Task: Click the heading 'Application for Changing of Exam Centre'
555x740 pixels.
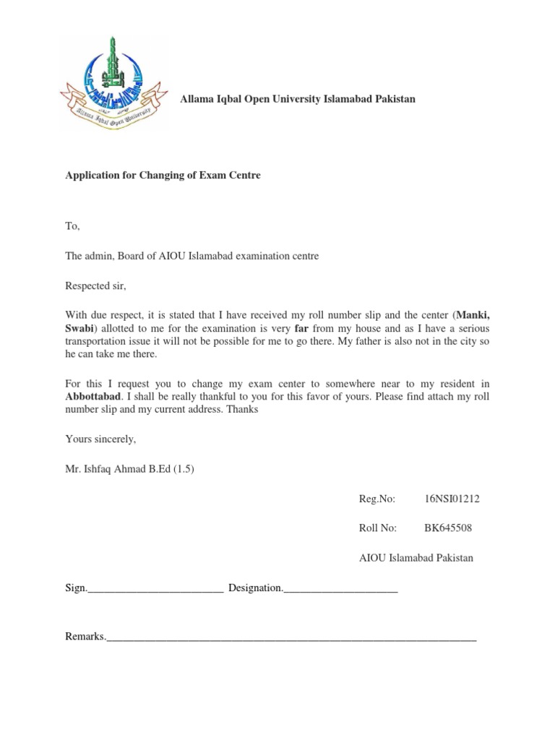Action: (163, 176)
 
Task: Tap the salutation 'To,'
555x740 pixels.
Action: (72, 226)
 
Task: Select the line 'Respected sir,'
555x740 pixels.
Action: (95, 285)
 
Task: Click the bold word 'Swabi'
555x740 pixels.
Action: (79, 328)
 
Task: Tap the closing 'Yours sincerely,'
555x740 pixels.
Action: (100, 439)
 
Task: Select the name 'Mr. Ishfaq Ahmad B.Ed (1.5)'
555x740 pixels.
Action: (130, 468)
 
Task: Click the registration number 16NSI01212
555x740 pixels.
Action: (453, 499)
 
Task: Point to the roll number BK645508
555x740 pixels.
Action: (448, 528)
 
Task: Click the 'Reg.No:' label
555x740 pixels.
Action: (377, 499)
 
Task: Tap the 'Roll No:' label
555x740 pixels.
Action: (378, 528)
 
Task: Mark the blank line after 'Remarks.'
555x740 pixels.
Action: (291, 638)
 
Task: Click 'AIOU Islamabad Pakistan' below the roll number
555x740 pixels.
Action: (416, 558)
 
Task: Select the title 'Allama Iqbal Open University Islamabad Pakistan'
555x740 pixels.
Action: (298, 98)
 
